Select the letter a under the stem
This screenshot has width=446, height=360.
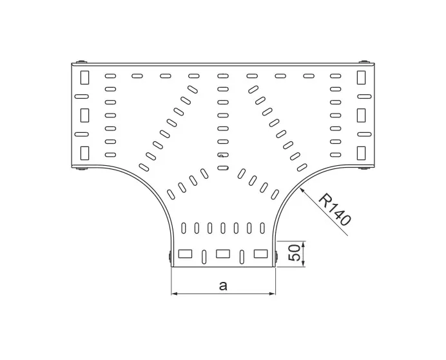click(x=223, y=285)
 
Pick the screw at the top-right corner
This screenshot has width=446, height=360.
click(x=368, y=62)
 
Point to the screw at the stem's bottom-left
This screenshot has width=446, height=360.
click(x=169, y=257)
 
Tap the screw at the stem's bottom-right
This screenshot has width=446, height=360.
click(x=276, y=257)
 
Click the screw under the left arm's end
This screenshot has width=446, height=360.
click(x=79, y=170)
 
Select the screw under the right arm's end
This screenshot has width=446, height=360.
click(x=366, y=170)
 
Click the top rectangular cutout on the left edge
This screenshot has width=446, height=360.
click(x=84, y=78)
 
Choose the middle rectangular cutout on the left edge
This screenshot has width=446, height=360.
click(x=84, y=115)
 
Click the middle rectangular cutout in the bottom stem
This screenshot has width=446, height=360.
click(x=223, y=253)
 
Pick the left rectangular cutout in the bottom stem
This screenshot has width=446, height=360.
click(x=186, y=253)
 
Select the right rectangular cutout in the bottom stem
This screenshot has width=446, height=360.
click(x=260, y=253)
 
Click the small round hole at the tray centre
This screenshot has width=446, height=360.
click(x=223, y=155)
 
